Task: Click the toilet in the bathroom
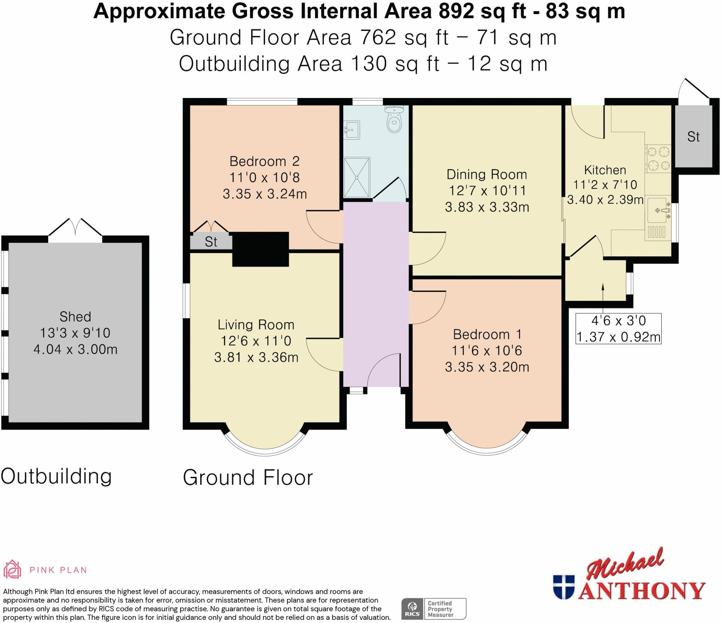(x=394, y=119)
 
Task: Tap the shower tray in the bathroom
(x=357, y=178)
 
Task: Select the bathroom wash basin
(x=351, y=130)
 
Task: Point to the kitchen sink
(x=658, y=218)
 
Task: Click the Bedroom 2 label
(x=264, y=161)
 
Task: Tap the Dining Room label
(x=487, y=174)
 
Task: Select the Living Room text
(x=256, y=324)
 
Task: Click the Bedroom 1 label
(x=487, y=334)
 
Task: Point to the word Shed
(x=75, y=316)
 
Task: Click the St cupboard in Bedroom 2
(x=211, y=241)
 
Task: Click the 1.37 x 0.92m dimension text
(x=618, y=337)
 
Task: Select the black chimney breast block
(x=261, y=249)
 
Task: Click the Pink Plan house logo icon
(x=12, y=569)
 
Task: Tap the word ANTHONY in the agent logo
(x=642, y=591)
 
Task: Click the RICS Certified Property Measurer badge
(x=434, y=609)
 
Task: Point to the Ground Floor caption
(x=248, y=477)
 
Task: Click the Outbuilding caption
(x=56, y=476)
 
